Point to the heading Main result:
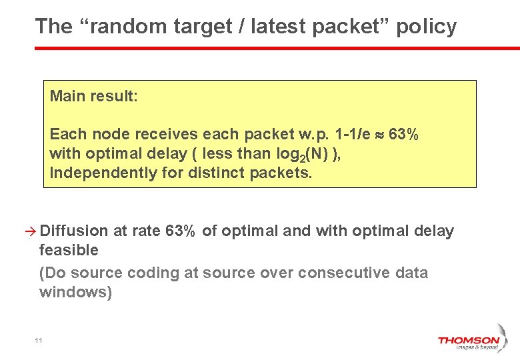click(94, 96)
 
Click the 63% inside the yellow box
click(403, 134)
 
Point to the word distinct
click(219, 173)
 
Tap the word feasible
click(69, 251)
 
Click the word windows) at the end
click(75, 292)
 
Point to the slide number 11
click(39, 341)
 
